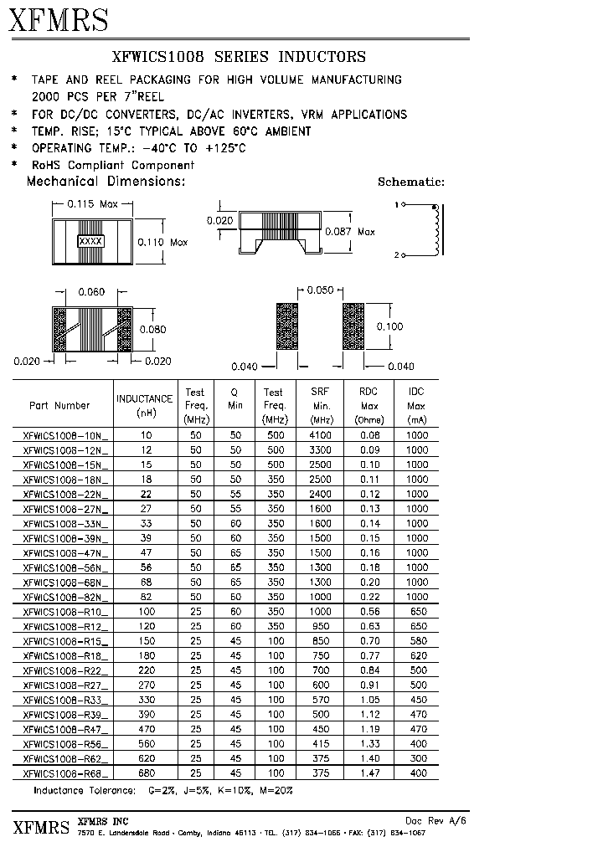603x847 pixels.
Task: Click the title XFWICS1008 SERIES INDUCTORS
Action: click(239, 57)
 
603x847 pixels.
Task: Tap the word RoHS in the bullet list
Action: click(47, 165)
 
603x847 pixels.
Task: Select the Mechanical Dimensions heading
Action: click(106, 181)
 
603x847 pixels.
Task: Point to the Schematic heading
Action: click(410, 182)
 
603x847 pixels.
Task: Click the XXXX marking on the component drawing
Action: click(90, 241)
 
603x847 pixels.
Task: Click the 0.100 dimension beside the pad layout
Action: click(389, 326)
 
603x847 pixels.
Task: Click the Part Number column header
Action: click(59, 406)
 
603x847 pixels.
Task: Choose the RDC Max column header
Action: click(368, 405)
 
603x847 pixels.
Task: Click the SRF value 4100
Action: click(321, 435)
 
